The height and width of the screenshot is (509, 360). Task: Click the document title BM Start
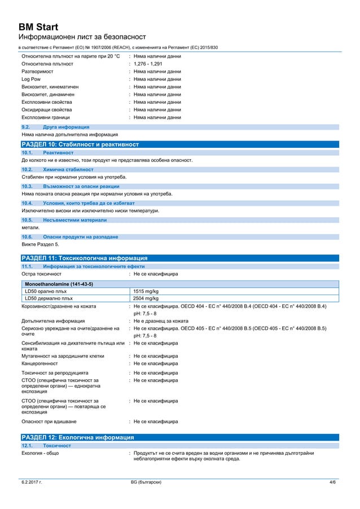pos(38,26)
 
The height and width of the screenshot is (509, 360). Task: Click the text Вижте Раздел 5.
pos(40,245)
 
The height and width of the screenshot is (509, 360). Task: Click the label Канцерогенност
pos(41,363)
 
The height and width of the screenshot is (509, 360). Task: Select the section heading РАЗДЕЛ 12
pos(77,437)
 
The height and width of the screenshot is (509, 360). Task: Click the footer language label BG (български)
pos(146,482)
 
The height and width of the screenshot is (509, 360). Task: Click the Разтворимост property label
pos(37,72)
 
